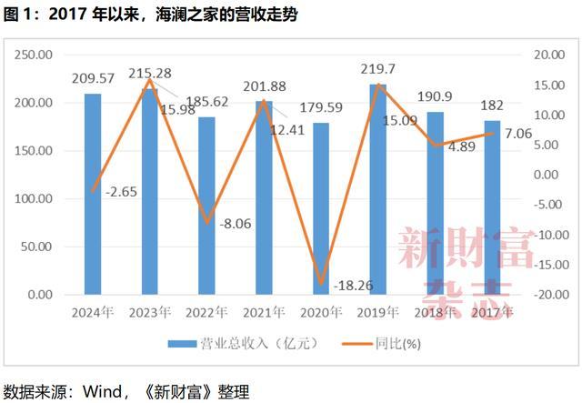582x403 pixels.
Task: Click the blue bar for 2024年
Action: (93, 194)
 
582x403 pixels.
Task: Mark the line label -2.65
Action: (123, 192)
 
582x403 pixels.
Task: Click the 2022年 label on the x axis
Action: (206, 312)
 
